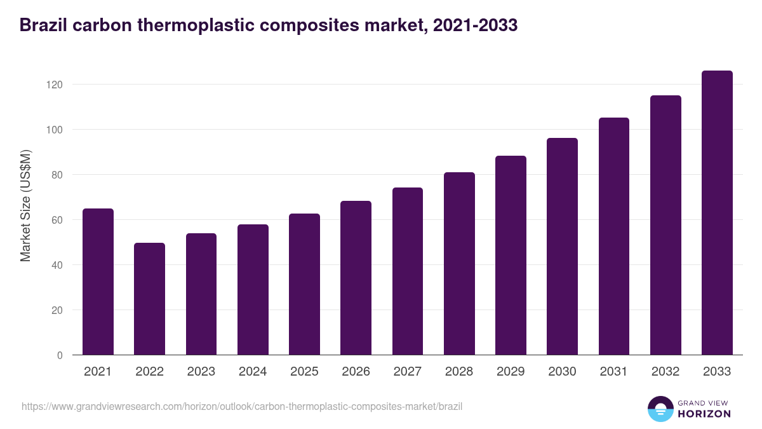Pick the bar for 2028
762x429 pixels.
[x=459, y=264]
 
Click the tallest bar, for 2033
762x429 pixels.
[x=717, y=213]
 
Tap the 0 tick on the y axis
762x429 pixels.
[x=60, y=355]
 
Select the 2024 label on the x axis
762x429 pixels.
[x=253, y=372]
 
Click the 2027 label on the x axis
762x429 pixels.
[x=407, y=372]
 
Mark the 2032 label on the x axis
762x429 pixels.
[x=665, y=372]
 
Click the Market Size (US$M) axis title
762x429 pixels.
[x=25, y=206]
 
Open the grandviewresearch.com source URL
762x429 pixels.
[x=241, y=406]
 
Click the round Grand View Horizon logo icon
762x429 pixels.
[x=660, y=409]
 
